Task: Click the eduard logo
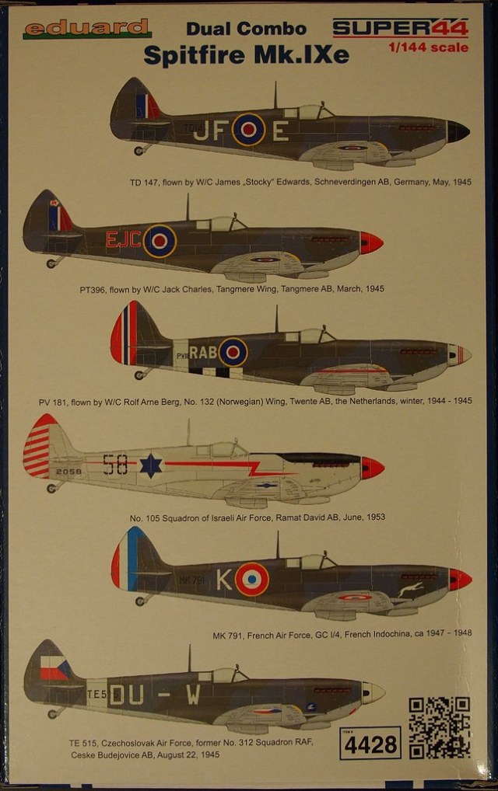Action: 87,29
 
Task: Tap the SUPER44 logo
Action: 400,28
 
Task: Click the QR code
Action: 439,727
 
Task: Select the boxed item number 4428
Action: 370,744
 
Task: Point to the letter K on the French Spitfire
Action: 224,580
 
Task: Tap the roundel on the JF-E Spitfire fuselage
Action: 248,129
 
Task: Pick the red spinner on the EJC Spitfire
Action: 371,242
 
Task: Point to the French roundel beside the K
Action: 251,580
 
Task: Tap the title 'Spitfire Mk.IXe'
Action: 246,55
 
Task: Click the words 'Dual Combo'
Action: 246,30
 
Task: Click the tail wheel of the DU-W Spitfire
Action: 52,712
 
